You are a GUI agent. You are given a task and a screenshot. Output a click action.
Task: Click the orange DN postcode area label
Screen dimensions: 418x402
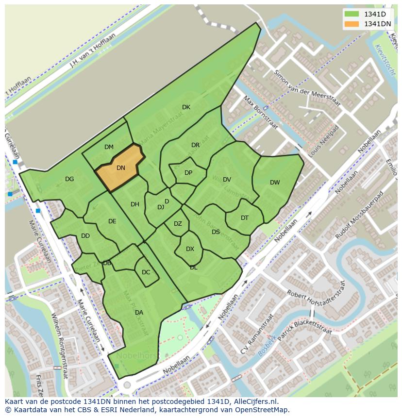click(121, 168)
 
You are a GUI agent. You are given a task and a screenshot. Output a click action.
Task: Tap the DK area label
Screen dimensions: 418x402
click(186, 107)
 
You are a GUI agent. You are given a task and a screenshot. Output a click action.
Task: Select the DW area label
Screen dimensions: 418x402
click(275, 183)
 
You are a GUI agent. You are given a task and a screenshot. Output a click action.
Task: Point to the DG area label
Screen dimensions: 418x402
click(69, 179)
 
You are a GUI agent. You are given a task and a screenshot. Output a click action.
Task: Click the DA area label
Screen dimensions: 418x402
click(139, 313)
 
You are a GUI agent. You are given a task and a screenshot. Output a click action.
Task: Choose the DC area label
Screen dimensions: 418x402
click(146, 272)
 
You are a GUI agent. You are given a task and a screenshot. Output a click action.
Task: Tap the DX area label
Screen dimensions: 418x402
click(190, 249)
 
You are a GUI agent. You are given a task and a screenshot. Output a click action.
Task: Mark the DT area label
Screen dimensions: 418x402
click(245, 218)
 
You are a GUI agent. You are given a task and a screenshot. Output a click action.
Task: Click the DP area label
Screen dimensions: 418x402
click(188, 173)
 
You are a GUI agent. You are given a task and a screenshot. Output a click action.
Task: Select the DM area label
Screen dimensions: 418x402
click(109, 147)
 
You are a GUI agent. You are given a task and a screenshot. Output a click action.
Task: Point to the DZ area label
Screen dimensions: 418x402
click(178, 224)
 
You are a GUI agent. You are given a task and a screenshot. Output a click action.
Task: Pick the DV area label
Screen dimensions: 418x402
click(227, 180)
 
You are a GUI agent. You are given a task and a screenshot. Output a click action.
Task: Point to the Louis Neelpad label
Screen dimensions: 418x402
click(323, 141)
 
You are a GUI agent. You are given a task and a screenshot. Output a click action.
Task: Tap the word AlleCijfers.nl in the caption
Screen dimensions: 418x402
click(253, 401)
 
